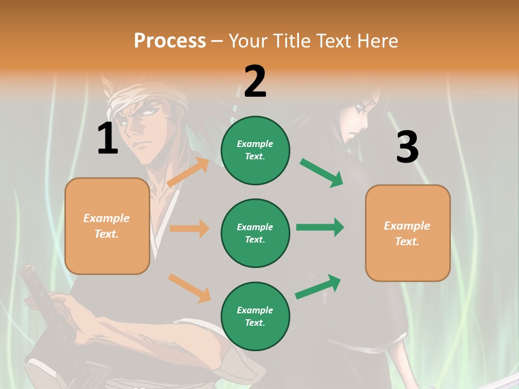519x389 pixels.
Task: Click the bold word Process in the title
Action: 170,41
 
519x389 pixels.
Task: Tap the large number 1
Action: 108,138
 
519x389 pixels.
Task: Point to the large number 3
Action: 407,147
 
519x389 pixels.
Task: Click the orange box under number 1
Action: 107,226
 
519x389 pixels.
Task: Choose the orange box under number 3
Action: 408,233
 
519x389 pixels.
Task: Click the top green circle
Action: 255,150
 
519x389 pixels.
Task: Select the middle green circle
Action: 255,233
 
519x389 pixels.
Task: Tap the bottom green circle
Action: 255,316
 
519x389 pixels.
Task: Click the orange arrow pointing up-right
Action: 188,172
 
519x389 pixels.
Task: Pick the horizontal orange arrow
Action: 189,229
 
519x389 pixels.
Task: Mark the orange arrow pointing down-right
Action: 189,288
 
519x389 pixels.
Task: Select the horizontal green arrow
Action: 320,227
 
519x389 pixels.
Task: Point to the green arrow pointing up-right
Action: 318,287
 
